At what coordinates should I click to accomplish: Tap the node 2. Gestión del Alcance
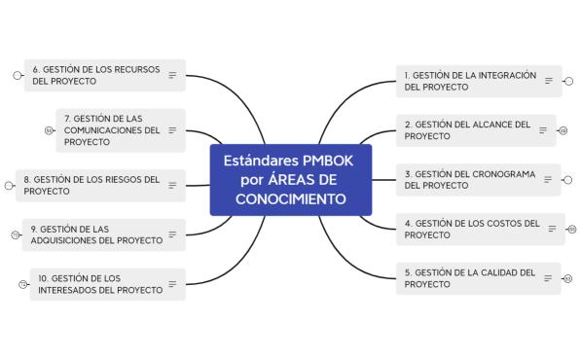pos(467,130)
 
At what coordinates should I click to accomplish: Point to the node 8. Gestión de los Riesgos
pos(91,185)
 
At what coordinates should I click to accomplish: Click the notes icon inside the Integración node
pos(548,81)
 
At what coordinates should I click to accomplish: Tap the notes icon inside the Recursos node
pos(172,75)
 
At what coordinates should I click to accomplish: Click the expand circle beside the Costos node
pos(572,230)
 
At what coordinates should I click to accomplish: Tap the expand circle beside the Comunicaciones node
pos(49,129)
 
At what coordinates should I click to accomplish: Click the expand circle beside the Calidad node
pos(568,279)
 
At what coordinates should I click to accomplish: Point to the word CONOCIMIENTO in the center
pos(290,199)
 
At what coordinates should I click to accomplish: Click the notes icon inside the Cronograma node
pos(548,180)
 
